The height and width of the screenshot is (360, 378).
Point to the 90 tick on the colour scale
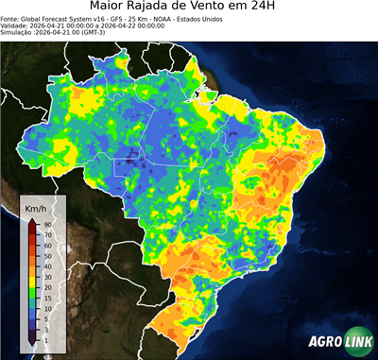pyautogui.click(x=46, y=224)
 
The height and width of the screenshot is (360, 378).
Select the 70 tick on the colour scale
pyautogui.click(x=46, y=235)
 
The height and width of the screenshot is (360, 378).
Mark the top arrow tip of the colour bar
pyautogui.click(x=32, y=220)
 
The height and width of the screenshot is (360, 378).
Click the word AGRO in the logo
pyautogui.click(x=324, y=341)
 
